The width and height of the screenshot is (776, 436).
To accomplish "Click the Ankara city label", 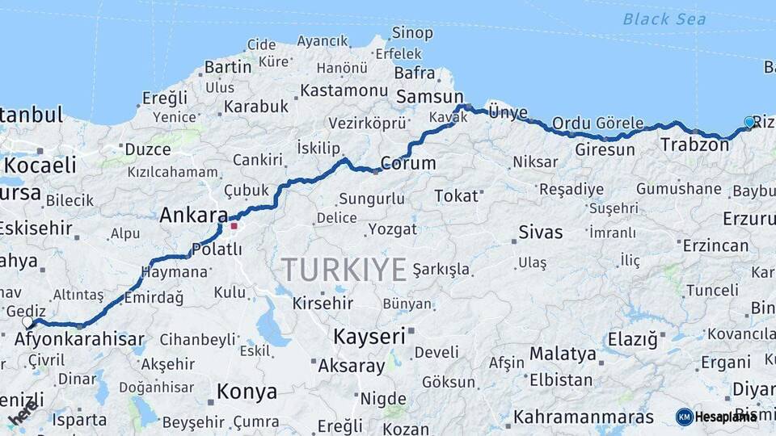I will tap(193, 216).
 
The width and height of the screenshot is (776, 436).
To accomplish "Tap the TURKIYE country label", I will tap(344, 270).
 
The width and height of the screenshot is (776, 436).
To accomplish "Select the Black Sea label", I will tap(664, 19).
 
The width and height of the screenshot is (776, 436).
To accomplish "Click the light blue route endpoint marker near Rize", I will tap(749, 123).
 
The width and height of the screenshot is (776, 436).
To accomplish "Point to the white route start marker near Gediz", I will tap(27, 322).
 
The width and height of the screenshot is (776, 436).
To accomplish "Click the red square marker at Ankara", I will tap(234, 226).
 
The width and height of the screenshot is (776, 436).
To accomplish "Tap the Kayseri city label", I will tap(369, 337).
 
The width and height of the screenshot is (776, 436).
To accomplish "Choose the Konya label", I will tap(247, 392).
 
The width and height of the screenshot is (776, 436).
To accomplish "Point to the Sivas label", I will tap(541, 233).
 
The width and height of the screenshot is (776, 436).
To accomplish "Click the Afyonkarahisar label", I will tap(79, 340).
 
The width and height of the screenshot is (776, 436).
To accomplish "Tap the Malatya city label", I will tap(563, 354).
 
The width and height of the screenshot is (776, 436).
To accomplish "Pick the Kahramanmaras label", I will tap(583, 417).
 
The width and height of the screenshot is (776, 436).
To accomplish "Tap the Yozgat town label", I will tap(392, 229).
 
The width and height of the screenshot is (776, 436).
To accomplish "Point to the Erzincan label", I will tap(715, 245).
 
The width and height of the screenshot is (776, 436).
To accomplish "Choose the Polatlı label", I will tap(217, 250).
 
